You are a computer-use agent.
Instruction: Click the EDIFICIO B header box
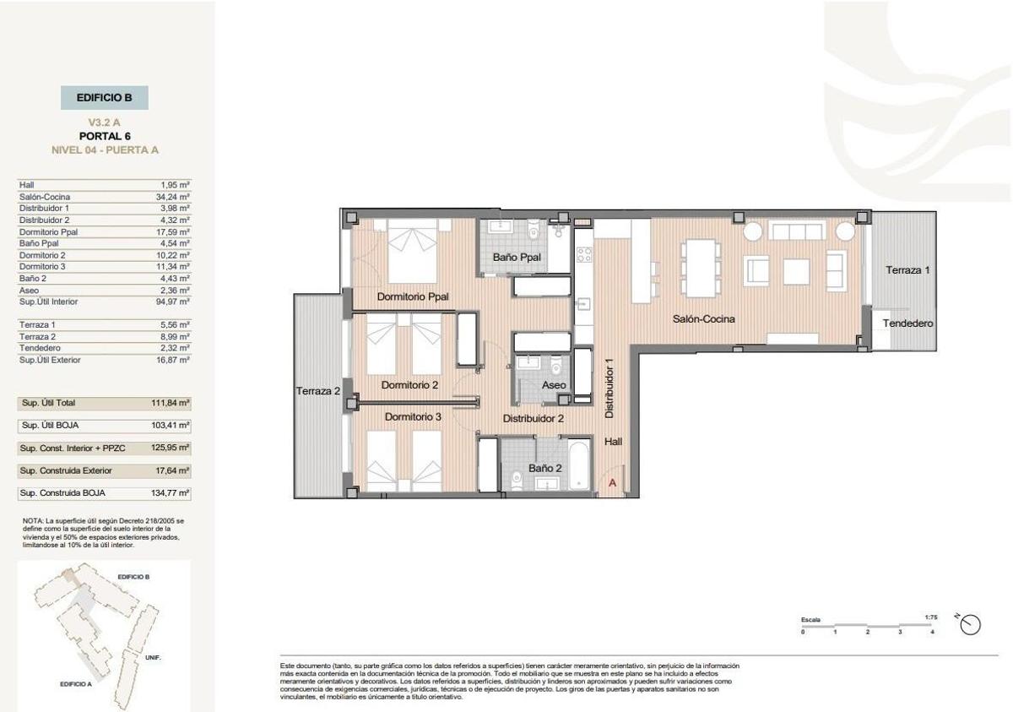[x=105, y=98]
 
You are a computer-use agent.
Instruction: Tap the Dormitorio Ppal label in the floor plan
[x=413, y=296]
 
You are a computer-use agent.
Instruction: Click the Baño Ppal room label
[x=518, y=258]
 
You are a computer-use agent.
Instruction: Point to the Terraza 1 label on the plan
[x=907, y=270]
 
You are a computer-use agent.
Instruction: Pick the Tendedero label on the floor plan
[x=907, y=323]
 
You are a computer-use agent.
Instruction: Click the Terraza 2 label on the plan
[x=317, y=391]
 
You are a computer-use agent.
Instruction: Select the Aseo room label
[x=554, y=385]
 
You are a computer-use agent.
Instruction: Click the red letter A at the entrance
[x=612, y=483]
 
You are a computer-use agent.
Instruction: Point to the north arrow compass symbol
[x=971, y=624]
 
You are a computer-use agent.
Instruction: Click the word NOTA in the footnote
[x=32, y=521]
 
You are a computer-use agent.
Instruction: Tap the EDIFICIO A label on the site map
[x=76, y=684]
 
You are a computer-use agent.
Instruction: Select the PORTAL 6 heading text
[x=105, y=136]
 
